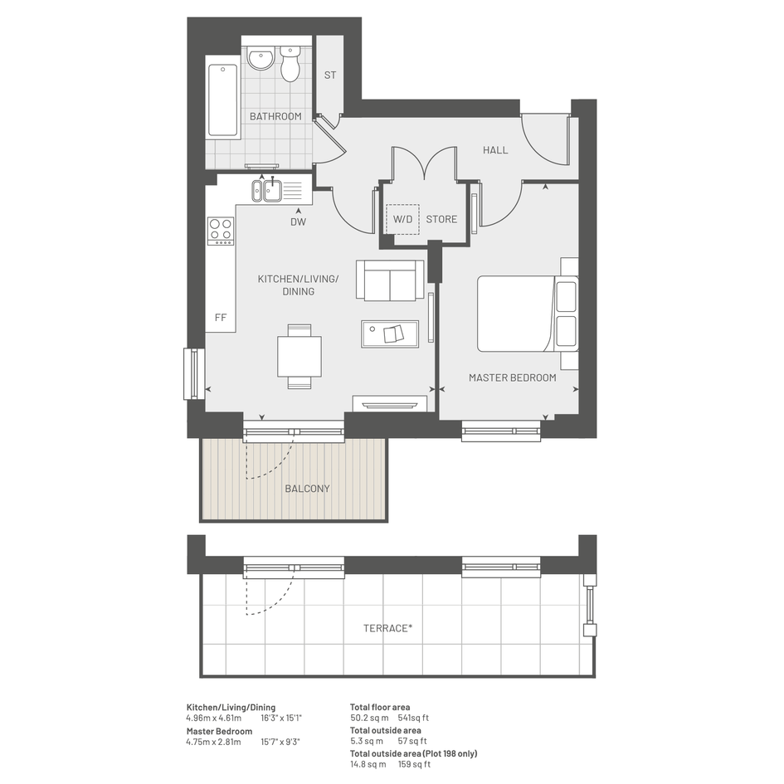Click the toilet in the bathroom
pos(290,64)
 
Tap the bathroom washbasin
pos(260,59)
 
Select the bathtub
pos(222,101)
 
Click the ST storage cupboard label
pos(330,75)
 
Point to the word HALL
pos(495,150)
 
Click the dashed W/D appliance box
pos(402,219)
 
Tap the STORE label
pos(441,219)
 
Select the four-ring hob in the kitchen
pos(221,231)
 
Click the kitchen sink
pos(267,191)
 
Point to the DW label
pos(299,222)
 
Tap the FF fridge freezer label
pos(221,318)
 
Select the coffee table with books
pos(390,334)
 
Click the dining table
pos(299,356)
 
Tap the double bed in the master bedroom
pos(528,314)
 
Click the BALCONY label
pos(307,489)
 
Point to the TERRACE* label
pos(388,628)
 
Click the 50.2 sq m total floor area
pos(369,718)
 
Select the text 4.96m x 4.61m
pos(214,718)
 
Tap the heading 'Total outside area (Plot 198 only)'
pos(413,753)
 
